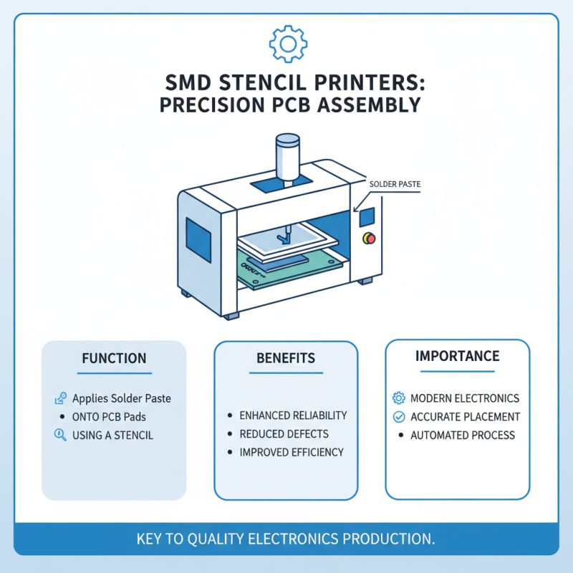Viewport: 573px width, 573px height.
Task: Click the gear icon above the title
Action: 287,44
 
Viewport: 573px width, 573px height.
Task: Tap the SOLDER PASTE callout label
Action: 395,184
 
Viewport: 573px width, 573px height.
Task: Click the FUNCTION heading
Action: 114,358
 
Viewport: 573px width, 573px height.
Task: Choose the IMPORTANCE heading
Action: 458,356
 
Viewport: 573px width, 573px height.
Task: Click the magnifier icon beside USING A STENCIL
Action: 60,434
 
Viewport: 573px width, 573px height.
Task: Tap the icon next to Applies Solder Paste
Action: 60,398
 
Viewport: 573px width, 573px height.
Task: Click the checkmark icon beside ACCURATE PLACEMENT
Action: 399,417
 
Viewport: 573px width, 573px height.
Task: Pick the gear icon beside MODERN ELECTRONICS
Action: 399,398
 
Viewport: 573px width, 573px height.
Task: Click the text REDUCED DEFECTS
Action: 284,434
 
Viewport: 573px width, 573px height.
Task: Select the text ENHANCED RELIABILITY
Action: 293,415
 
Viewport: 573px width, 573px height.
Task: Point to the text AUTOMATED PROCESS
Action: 462,435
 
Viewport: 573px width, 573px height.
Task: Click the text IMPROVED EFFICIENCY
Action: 292,453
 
